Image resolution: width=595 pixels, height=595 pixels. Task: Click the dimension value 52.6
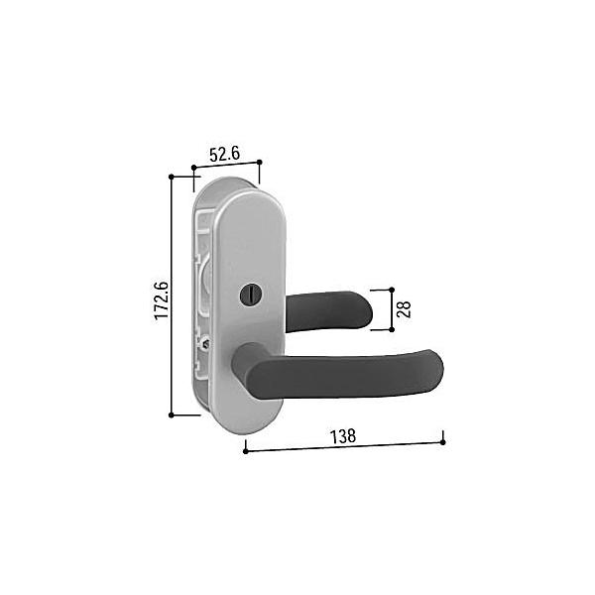click(x=225, y=155)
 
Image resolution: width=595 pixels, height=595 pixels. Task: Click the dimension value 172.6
click(x=162, y=300)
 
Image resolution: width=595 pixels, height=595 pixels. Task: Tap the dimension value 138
click(x=343, y=436)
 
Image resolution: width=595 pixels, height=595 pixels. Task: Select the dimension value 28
click(x=404, y=309)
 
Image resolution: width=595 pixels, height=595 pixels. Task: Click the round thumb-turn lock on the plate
click(x=247, y=296)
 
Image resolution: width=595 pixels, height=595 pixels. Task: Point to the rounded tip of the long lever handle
click(x=436, y=369)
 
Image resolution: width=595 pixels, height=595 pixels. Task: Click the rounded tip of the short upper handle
click(x=366, y=310)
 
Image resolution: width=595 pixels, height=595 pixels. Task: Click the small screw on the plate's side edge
click(x=206, y=344)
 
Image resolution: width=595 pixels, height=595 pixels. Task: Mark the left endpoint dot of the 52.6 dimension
click(x=194, y=168)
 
